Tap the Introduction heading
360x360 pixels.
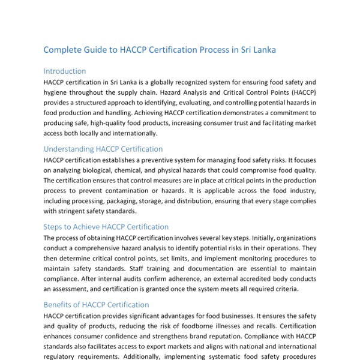(x=65, y=71)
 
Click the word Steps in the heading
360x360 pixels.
(x=55, y=227)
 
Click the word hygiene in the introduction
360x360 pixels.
(x=58, y=92)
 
